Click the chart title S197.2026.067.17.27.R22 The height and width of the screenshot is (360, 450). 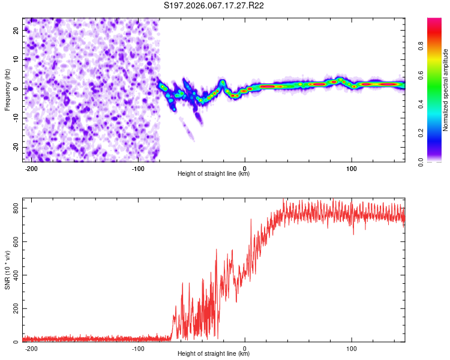[x=214, y=5]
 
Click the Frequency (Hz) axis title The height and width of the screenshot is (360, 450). [x=7, y=89]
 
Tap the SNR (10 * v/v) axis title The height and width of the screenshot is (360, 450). [x=7, y=273]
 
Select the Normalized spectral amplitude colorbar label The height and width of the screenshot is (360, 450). [x=446, y=90]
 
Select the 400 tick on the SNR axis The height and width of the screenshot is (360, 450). [x=14, y=275]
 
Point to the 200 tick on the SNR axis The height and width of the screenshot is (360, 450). [x=14, y=308]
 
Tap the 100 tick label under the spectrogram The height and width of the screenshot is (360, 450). [x=352, y=168]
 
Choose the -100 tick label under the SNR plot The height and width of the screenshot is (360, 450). [x=138, y=348]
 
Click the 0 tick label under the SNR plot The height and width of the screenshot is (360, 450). [x=245, y=348]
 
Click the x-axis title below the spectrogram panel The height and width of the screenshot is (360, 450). [x=214, y=174]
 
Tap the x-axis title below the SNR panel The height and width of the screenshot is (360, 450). [x=214, y=354]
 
